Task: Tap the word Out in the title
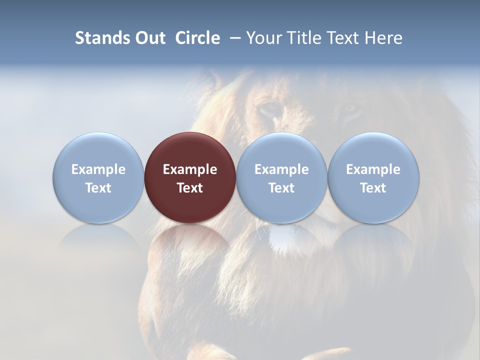[x=149, y=38]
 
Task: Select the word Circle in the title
[x=197, y=38]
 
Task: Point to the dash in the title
[x=235, y=38]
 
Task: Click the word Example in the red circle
[x=190, y=169]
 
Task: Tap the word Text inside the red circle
[x=190, y=188]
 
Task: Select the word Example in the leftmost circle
[x=98, y=169]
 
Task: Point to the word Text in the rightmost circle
[x=373, y=188]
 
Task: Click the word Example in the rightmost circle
[x=373, y=169]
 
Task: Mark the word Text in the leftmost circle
[x=98, y=188]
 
